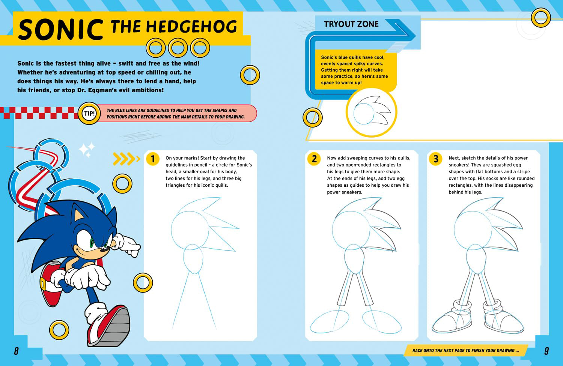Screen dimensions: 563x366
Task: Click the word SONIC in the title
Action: click(x=61, y=29)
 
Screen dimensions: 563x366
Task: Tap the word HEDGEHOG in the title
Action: click(x=191, y=27)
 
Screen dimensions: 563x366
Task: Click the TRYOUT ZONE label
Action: click(x=351, y=24)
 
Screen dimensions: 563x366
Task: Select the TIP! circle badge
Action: click(x=89, y=113)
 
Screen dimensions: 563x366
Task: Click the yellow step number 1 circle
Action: click(x=153, y=159)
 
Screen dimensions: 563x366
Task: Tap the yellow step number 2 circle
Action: click(x=314, y=159)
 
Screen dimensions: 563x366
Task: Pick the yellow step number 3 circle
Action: click(x=435, y=159)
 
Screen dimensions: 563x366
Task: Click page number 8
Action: click(x=17, y=351)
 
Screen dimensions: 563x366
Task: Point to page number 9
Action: click(x=546, y=351)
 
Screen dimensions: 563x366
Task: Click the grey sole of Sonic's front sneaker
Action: click(x=116, y=327)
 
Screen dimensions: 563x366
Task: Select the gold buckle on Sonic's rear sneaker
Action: click(x=43, y=284)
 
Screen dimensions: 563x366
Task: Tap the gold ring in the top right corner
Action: click(x=541, y=18)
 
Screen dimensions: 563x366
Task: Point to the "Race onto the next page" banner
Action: click(x=465, y=350)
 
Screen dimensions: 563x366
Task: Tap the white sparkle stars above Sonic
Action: click(x=86, y=150)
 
